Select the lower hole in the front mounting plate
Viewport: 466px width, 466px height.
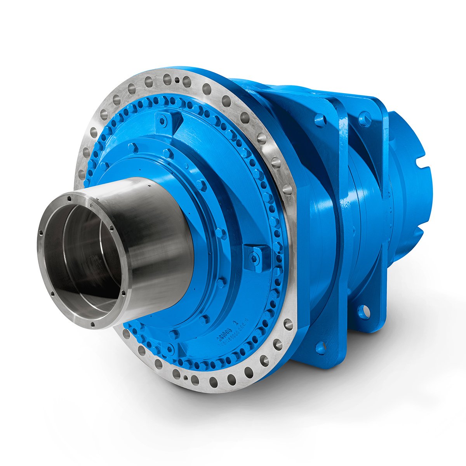pyautogui.click(x=321, y=348)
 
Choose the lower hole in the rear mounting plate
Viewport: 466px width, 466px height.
pyautogui.click(x=363, y=311)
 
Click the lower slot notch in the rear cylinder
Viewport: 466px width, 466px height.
pyautogui.click(x=419, y=233)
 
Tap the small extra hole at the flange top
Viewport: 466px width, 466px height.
pyautogui.click(x=177, y=81)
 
